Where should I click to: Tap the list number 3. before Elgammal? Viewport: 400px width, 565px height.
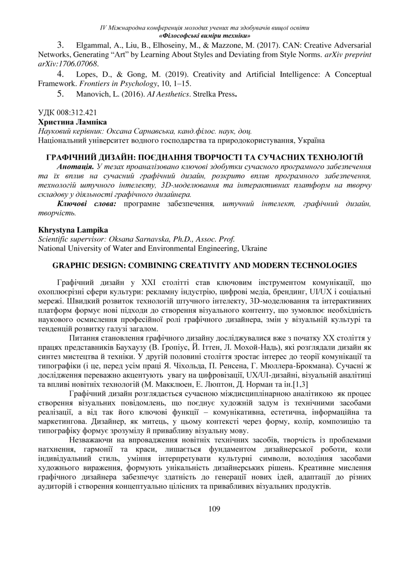click(x=60, y=45)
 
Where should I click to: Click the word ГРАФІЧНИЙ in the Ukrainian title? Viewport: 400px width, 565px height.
click(x=70, y=157)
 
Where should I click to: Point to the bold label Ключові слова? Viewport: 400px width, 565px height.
click(x=86, y=204)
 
